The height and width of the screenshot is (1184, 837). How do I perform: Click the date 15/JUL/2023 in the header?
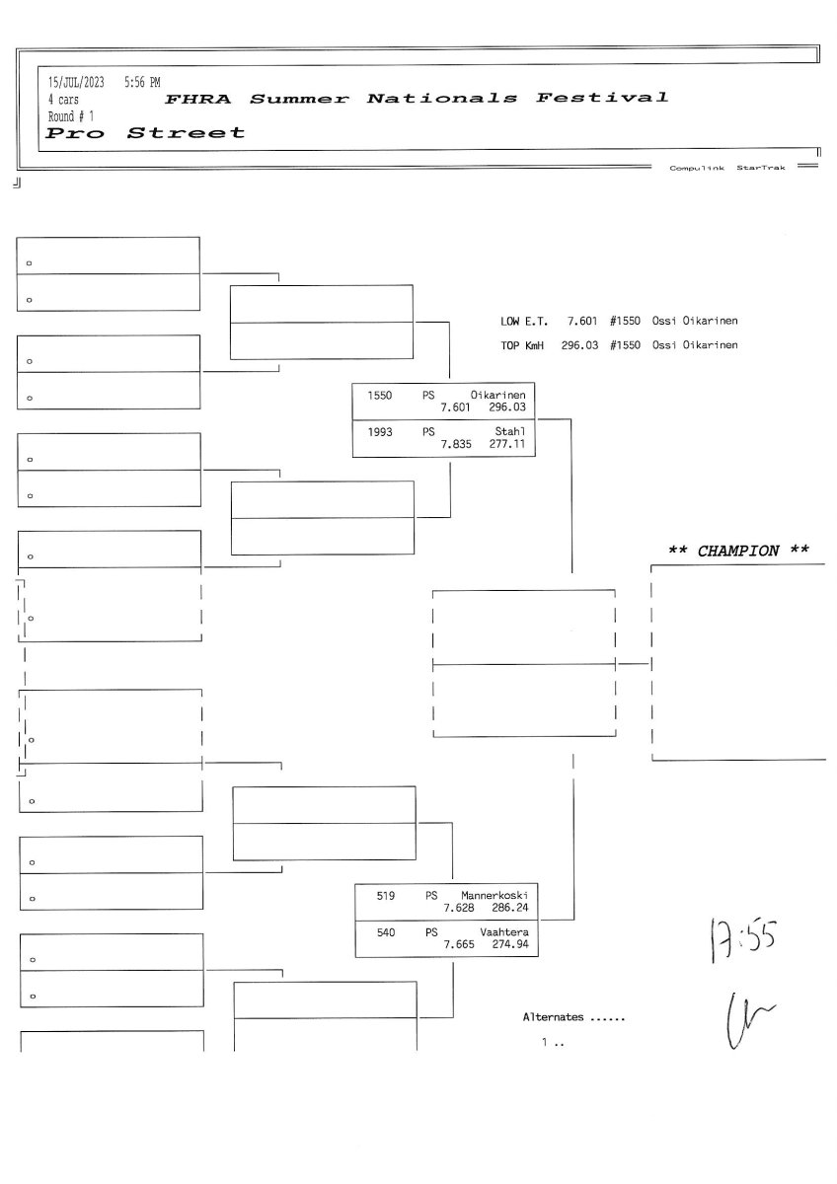coord(77,82)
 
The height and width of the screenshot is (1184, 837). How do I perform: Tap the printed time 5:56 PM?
coord(142,82)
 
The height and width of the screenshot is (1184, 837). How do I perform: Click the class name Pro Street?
coord(146,132)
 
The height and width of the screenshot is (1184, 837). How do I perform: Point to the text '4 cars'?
coord(64,100)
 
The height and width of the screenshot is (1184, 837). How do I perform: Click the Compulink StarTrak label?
coord(727,168)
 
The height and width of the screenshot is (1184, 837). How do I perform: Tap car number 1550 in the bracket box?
coord(380,395)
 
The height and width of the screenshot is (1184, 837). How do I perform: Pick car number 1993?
coord(380,431)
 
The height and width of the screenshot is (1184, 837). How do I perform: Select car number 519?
coord(386,895)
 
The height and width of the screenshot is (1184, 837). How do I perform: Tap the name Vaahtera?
coord(504,931)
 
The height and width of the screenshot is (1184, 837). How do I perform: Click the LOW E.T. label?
coord(526,321)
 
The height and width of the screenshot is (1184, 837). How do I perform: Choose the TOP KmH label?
coord(524,344)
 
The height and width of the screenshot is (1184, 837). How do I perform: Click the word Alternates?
coord(553,1016)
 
